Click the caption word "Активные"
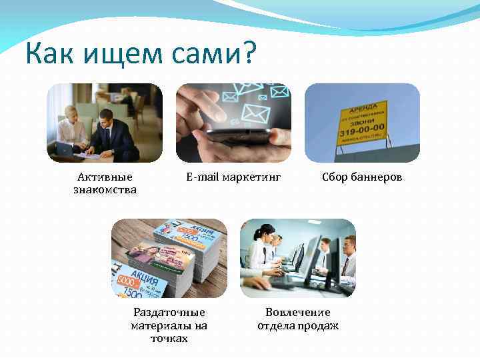point(105,177)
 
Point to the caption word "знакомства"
point(105,189)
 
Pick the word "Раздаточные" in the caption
point(169,312)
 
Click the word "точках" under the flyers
point(169,338)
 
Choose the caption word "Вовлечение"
point(298,312)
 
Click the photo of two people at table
point(105,123)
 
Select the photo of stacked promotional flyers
point(169,259)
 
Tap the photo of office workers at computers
point(298,259)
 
